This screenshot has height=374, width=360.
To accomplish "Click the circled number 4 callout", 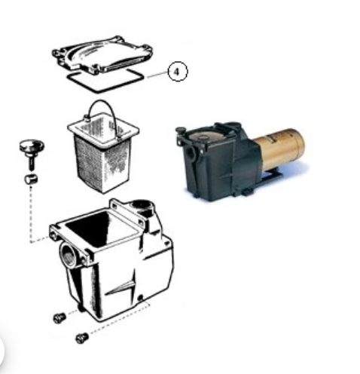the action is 177,72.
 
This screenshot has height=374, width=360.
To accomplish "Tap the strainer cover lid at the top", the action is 102,54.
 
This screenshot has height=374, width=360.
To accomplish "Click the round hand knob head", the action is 32,146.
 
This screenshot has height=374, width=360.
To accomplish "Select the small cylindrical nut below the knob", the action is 31,179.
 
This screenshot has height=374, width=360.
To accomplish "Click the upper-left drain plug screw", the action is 59,318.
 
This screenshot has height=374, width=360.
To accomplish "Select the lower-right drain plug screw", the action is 82,338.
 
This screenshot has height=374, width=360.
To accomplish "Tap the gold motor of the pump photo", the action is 279,149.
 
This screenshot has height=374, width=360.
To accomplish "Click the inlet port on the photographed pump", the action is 190,152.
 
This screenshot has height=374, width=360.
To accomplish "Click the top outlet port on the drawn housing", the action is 142,205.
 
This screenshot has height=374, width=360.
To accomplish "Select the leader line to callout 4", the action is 157,75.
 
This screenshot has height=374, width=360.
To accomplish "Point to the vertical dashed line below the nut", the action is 31,213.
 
